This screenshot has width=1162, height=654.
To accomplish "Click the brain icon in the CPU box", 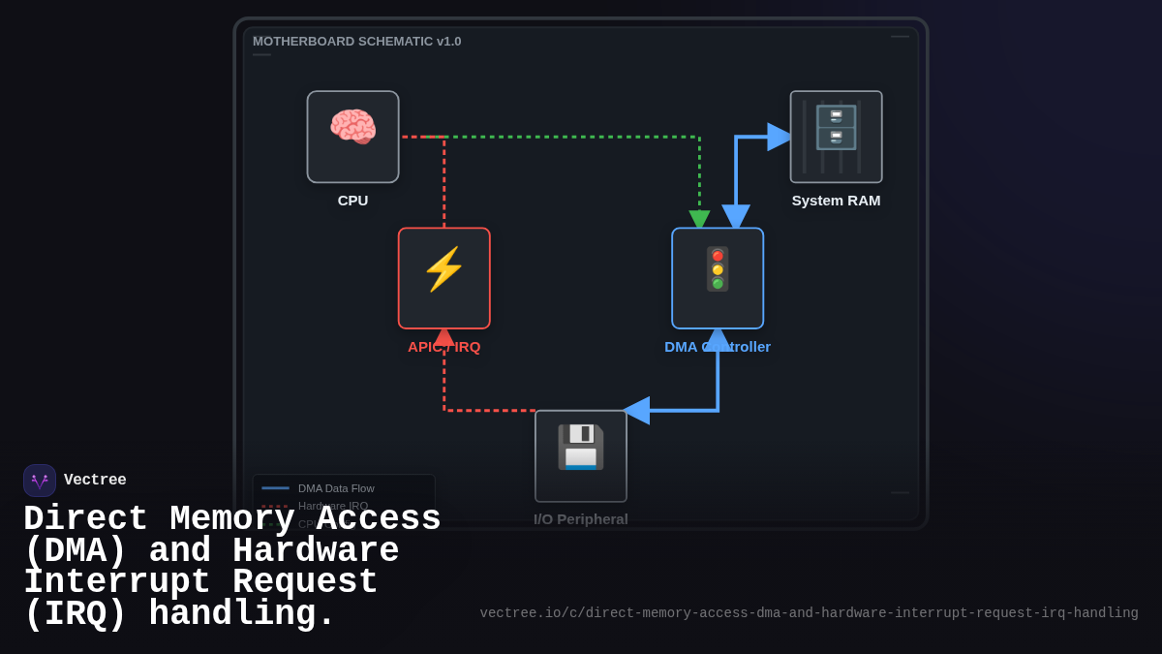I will pos(352,127).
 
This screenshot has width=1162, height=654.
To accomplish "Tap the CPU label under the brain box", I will pos(352,201).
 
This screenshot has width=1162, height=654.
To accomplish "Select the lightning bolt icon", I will pos(443,269).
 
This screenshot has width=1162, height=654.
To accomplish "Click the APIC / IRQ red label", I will pos(443,347).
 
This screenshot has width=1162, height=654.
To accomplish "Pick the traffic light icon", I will pos(718,268).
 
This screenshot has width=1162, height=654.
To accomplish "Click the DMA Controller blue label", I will pos(718,347).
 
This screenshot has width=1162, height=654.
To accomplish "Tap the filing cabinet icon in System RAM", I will pos(836,128).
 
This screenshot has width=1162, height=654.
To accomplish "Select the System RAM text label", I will pos(836,201).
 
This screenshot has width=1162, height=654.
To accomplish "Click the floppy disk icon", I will pos(580,447).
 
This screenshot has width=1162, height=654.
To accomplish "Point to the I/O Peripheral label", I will pos(580,519).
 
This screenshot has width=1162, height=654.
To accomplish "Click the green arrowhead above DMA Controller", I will pos(699,219).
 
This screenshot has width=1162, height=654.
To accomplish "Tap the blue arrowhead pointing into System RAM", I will pos(779,137).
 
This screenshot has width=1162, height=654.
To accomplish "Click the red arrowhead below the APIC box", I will pos(443,336).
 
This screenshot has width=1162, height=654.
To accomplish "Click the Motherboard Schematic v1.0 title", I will pos(356,42).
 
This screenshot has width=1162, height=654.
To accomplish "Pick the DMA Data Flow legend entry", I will pos(335,488).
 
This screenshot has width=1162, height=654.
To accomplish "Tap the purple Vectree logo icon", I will pos(40,481).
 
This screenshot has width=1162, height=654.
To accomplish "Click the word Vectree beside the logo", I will pos(95,481).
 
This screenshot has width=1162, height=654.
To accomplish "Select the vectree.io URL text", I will pos(809,613).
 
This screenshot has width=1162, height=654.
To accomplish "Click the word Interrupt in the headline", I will pos(116,582).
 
